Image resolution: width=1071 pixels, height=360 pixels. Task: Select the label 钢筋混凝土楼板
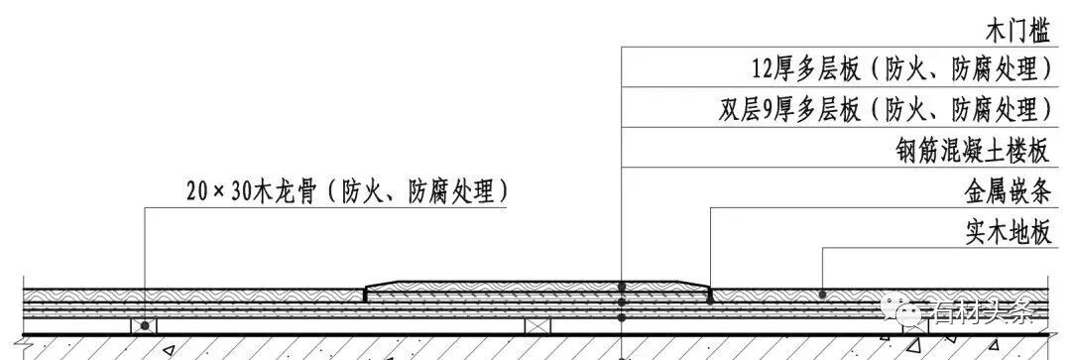[972, 151]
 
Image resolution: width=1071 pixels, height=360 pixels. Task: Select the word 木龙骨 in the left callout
[288, 189]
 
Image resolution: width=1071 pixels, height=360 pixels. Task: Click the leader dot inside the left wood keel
[145, 325]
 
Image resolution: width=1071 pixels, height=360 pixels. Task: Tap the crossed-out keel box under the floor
[537, 326]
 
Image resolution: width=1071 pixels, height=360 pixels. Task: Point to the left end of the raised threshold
[367, 291]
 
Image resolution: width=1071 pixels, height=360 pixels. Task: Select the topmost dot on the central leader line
[621, 287]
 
